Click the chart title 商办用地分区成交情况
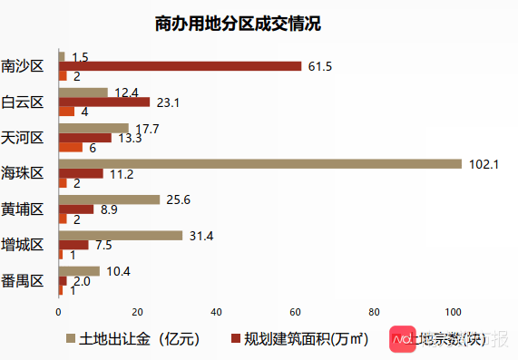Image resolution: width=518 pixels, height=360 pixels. pyautogui.click(x=238, y=24)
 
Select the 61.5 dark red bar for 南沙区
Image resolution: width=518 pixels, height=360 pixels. pyautogui.click(x=180, y=66)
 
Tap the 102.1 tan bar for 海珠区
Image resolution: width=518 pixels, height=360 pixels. pyautogui.click(x=259, y=163)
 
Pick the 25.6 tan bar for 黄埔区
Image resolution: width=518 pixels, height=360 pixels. pyautogui.click(x=109, y=199)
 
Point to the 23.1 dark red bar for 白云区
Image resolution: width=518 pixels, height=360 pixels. pyautogui.click(x=103, y=102)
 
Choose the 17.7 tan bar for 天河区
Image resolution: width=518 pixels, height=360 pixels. pyautogui.click(x=93, y=128)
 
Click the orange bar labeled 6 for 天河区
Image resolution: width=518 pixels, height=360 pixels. pyautogui.click(x=71, y=147)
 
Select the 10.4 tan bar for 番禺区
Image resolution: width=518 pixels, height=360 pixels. pyautogui.click(x=79, y=271)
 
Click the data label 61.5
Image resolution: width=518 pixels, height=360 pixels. pyautogui.click(x=321, y=66)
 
